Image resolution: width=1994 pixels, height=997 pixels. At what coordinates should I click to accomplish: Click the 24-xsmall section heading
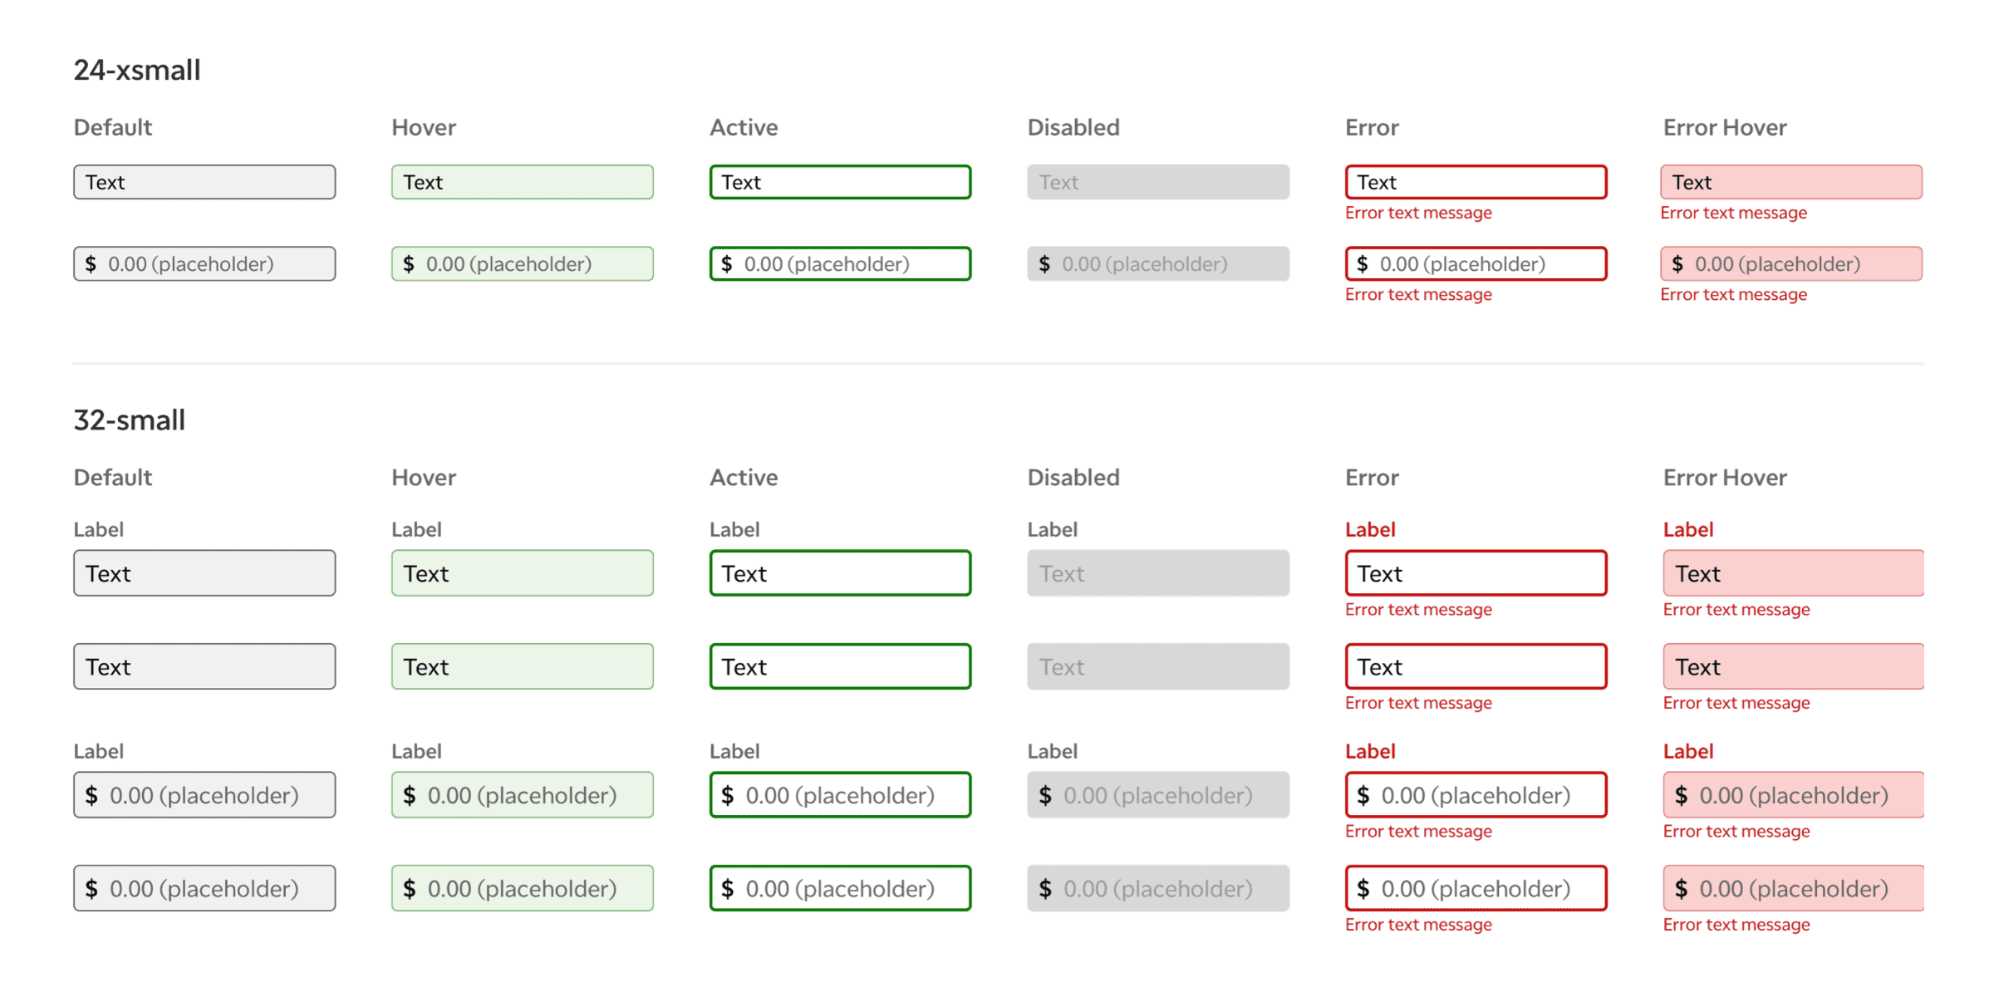pyautogui.click(x=137, y=70)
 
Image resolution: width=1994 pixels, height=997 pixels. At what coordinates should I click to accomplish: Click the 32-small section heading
pyautogui.click(x=130, y=420)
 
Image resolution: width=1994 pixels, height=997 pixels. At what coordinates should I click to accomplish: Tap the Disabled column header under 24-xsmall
pyautogui.click(x=1073, y=127)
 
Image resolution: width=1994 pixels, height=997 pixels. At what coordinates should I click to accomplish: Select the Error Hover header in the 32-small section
pyautogui.click(x=1725, y=478)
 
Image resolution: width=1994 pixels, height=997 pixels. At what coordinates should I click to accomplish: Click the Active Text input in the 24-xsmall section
pyautogui.click(x=840, y=182)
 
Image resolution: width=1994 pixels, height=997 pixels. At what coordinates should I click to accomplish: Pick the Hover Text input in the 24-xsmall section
pyautogui.click(x=523, y=182)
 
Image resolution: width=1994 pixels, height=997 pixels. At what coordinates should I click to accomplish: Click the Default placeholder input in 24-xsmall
pyautogui.click(x=204, y=263)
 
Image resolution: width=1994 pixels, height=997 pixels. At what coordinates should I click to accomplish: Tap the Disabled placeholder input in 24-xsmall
pyautogui.click(x=1158, y=263)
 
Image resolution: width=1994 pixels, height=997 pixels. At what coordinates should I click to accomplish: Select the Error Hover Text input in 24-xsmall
pyautogui.click(x=1791, y=182)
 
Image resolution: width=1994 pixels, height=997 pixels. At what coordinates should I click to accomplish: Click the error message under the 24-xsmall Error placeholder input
pyautogui.click(x=1418, y=295)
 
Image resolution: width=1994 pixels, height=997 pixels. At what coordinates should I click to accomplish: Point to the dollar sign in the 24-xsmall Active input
pyautogui.click(x=727, y=264)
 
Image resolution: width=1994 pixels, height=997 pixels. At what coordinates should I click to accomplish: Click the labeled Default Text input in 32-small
pyautogui.click(x=204, y=573)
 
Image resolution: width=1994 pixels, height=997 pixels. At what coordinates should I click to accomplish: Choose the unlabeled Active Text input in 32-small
pyautogui.click(x=840, y=666)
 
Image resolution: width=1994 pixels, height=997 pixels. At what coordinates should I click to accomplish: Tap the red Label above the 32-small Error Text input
pyautogui.click(x=1370, y=529)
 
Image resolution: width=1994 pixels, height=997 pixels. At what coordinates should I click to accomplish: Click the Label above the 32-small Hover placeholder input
pyautogui.click(x=416, y=751)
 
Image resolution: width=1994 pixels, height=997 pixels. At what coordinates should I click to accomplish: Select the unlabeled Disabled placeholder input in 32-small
pyautogui.click(x=1158, y=888)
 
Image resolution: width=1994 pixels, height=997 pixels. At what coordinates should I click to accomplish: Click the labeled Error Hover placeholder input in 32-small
pyautogui.click(x=1793, y=795)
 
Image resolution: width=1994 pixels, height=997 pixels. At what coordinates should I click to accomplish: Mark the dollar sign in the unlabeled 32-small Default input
pyautogui.click(x=91, y=889)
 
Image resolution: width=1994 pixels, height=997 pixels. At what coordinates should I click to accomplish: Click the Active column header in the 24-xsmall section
pyautogui.click(x=744, y=127)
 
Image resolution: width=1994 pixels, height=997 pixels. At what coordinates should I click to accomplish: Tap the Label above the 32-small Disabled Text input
pyautogui.click(x=1052, y=529)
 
